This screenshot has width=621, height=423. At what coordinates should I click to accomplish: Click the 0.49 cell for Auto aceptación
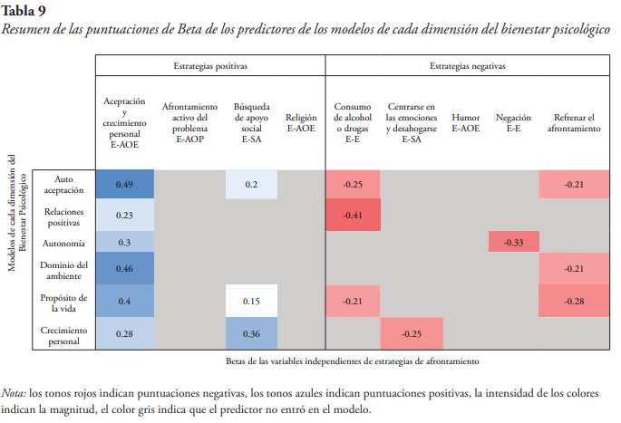pyautogui.click(x=125, y=185)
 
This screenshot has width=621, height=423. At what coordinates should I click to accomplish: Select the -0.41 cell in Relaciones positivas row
pyautogui.click(x=353, y=215)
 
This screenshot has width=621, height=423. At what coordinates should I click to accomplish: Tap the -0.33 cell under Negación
pyautogui.click(x=513, y=243)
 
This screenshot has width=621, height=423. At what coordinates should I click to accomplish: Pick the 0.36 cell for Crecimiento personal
pyautogui.click(x=251, y=333)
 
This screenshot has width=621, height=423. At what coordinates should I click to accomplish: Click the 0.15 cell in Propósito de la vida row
pyautogui.click(x=251, y=300)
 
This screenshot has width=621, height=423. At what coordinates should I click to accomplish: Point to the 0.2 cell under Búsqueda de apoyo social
pyautogui.click(x=251, y=185)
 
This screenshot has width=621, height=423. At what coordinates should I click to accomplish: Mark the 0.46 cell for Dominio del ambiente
pyautogui.click(x=125, y=269)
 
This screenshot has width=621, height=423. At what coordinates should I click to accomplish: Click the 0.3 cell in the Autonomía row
pyautogui.click(x=125, y=243)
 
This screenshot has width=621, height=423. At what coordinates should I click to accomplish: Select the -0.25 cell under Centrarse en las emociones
pyautogui.click(x=412, y=333)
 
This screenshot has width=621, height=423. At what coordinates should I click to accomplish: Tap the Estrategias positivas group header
pyautogui.click(x=210, y=66)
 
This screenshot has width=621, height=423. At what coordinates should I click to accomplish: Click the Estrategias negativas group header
pyautogui.click(x=468, y=66)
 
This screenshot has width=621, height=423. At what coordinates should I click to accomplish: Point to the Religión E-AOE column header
pyautogui.click(x=301, y=123)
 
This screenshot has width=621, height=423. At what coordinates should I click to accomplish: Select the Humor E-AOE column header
pyautogui.click(x=466, y=123)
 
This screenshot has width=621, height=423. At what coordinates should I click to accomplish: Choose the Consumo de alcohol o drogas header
pyautogui.click(x=353, y=123)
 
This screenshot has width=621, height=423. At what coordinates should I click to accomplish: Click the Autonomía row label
pyautogui.click(x=64, y=243)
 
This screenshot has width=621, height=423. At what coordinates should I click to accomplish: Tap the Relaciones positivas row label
pyautogui.click(x=64, y=215)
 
